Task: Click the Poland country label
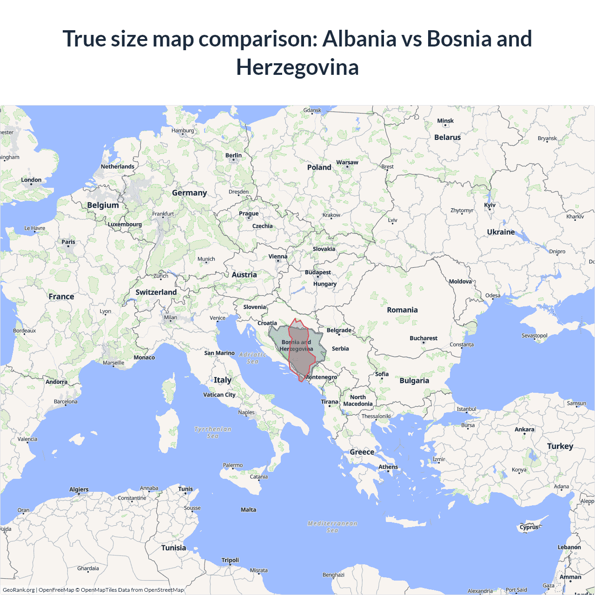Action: coord(319,167)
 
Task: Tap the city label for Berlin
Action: coord(233,155)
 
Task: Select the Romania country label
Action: coord(402,310)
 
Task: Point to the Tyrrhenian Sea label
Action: coord(212,432)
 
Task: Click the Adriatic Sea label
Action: coord(252,358)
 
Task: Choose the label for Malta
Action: coord(248,509)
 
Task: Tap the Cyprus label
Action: coord(529,527)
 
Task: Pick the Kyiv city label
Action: coord(489,205)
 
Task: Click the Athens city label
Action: coord(388,467)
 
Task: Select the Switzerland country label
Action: coord(156,292)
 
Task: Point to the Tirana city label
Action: coord(329,402)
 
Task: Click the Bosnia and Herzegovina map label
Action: coord(296,345)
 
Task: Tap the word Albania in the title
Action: coord(359,39)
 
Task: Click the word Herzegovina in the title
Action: coord(297,67)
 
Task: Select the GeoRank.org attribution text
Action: coord(19,590)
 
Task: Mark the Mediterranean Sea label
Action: coord(332,527)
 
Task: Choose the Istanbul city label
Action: coord(466,409)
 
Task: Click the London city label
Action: coord(31,180)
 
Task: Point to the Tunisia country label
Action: coord(173,548)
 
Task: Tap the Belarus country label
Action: coord(447,138)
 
